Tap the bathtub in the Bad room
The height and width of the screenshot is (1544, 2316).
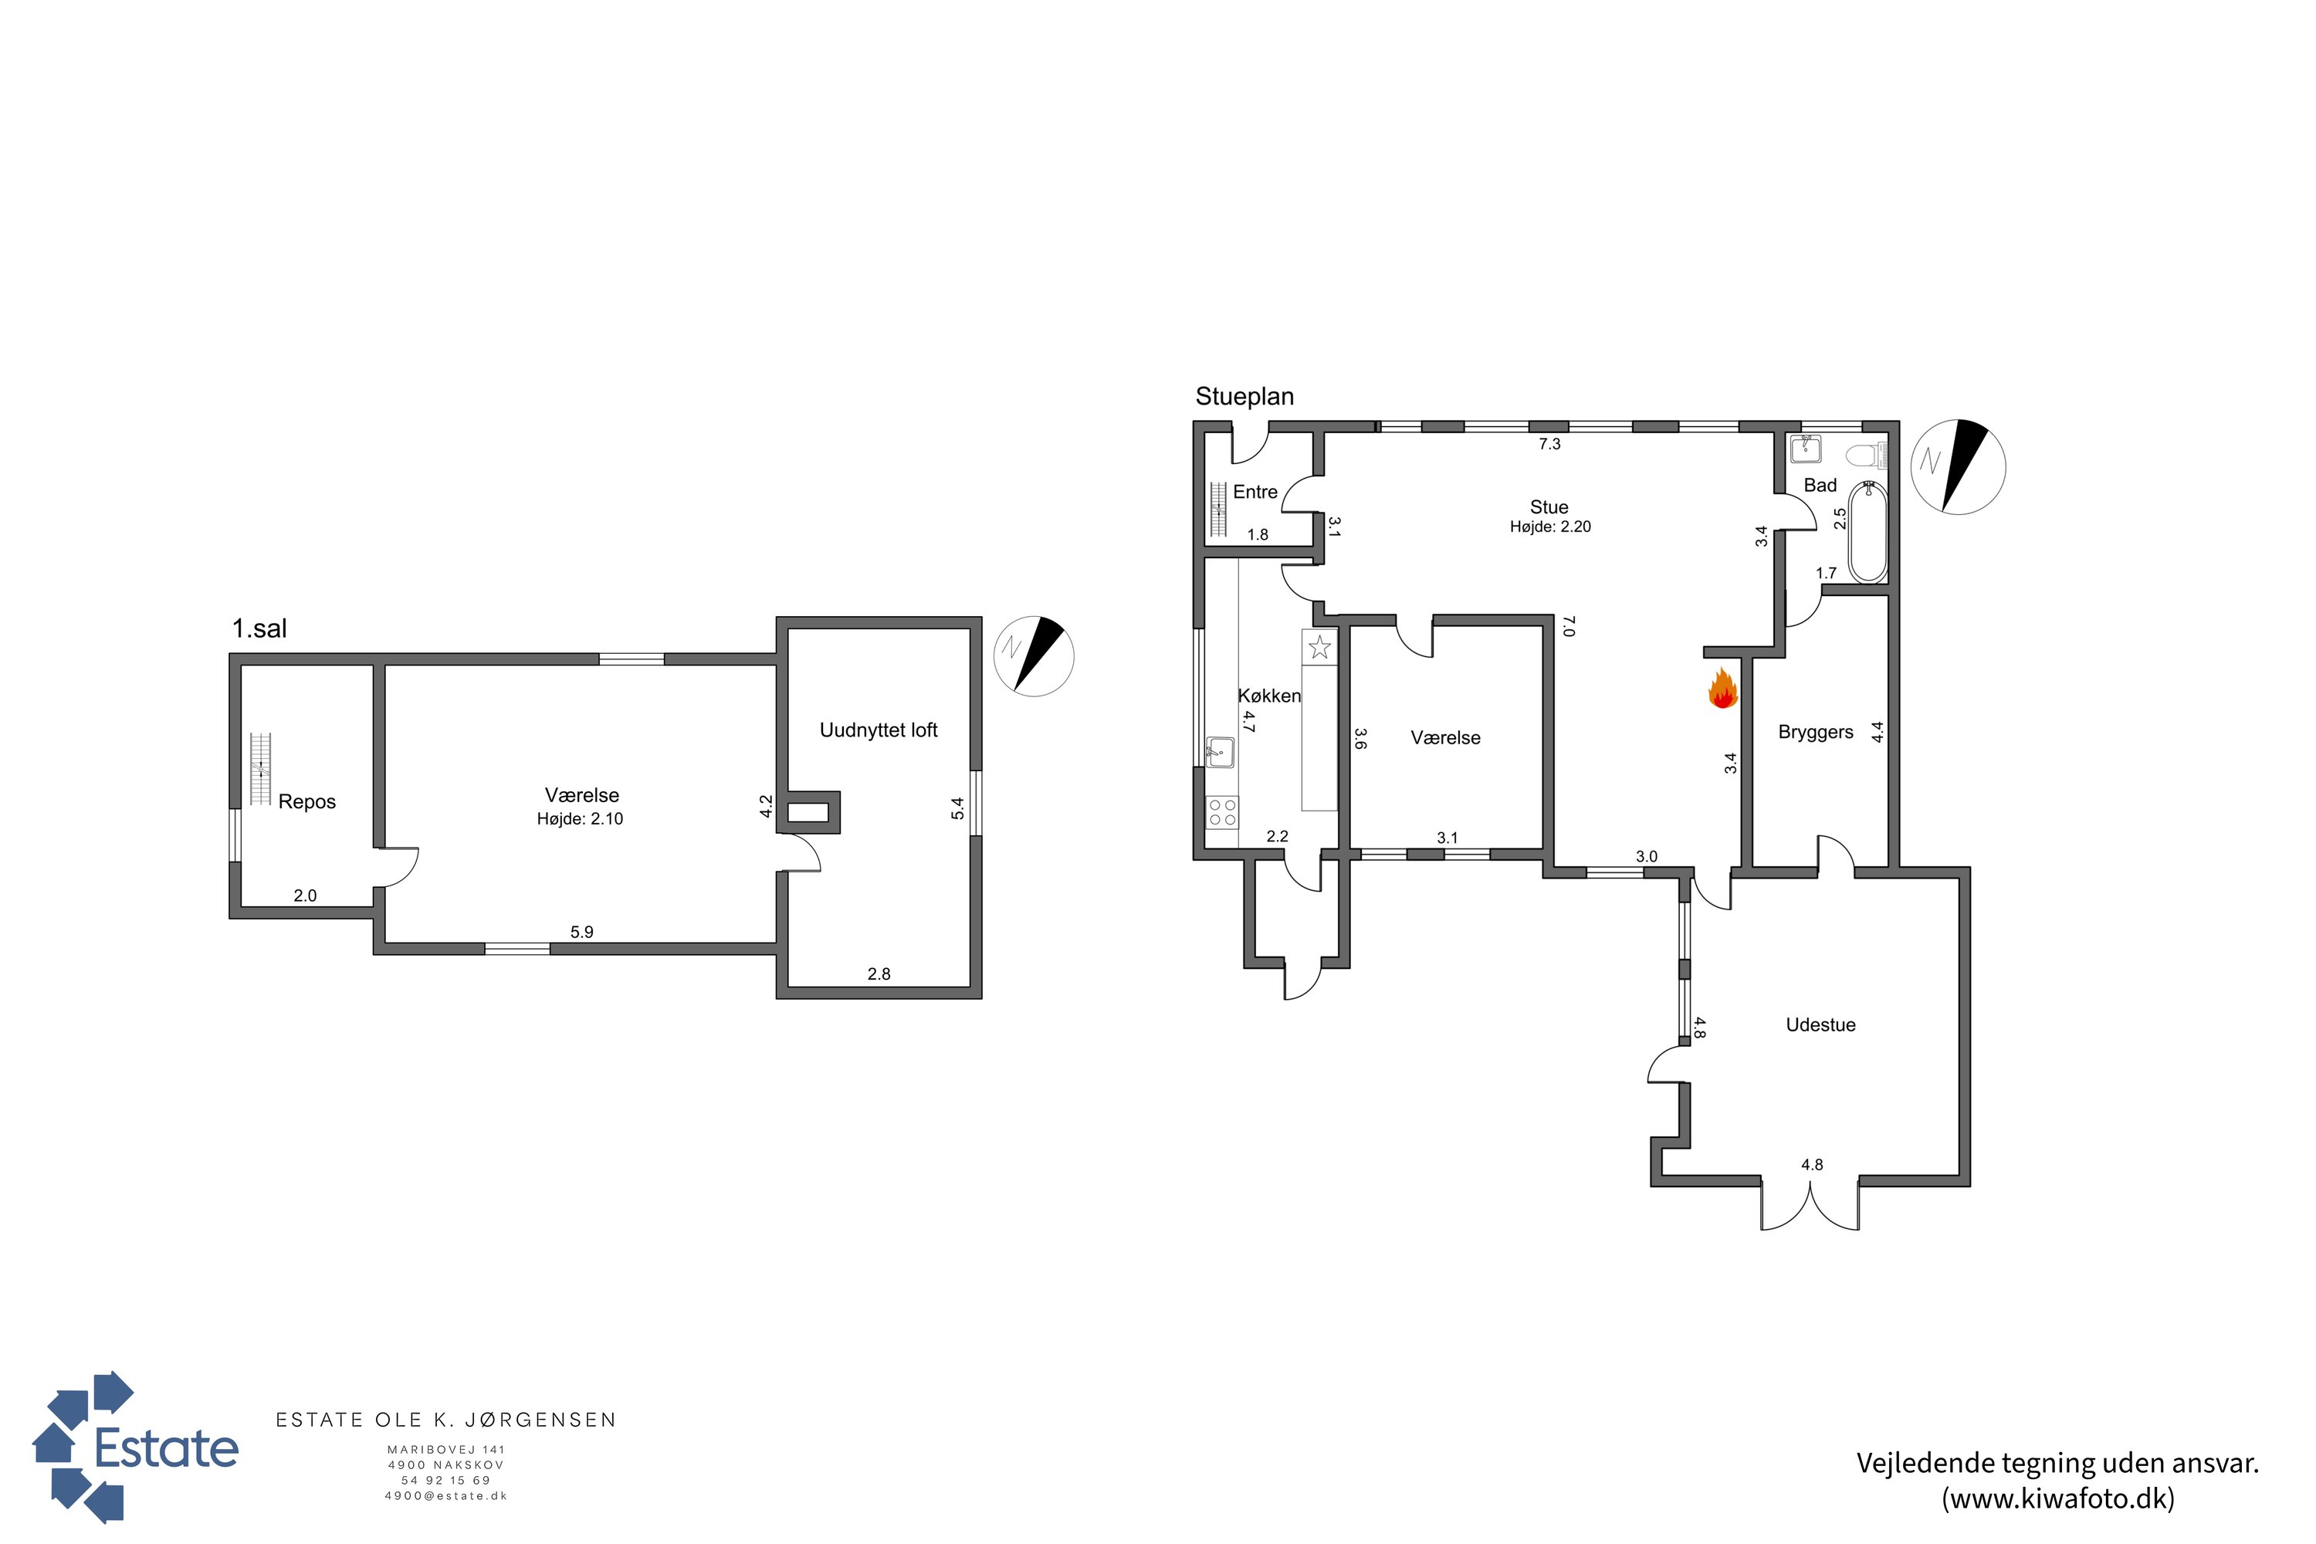coord(1868,532)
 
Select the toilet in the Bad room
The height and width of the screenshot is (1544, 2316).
coord(1865,455)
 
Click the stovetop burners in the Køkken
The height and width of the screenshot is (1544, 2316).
coord(1222,812)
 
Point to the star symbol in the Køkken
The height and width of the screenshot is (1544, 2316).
coord(1319,647)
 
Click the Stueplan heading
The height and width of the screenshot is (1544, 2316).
coord(1244,397)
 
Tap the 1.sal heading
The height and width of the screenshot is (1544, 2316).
coord(259,628)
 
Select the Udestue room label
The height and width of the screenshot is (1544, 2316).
coord(1820,1024)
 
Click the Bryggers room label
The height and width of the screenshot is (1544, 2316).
coord(1816,733)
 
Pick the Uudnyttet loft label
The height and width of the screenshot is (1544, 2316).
coord(879,730)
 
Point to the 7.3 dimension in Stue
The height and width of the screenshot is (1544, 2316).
coord(1550,444)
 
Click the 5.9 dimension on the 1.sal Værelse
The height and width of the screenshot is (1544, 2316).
coord(582,932)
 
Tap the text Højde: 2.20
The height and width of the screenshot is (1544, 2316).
coord(1550,527)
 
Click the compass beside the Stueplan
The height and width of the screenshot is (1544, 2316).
coord(1958,467)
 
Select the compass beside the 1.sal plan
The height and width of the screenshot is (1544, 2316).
coord(1034,657)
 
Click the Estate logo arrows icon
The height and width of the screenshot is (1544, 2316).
coord(83,1447)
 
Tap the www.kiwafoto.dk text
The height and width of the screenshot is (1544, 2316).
coord(2059,1498)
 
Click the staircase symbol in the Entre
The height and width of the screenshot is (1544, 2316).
coord(1218,510)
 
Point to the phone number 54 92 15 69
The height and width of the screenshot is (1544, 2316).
coord(446,1480)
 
